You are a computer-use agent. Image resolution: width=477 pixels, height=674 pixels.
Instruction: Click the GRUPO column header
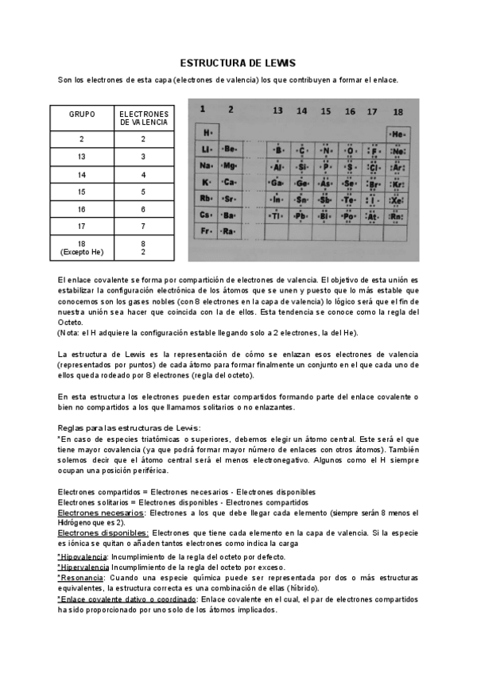pos(82,114)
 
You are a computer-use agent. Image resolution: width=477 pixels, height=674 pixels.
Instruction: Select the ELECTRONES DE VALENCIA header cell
pos(144,118)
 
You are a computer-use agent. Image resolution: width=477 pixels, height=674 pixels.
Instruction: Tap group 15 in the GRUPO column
pos(82,192)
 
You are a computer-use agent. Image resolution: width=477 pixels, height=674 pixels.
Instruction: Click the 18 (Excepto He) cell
pos(82,247)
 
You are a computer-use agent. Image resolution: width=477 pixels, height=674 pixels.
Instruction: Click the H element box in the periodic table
pos(207,131)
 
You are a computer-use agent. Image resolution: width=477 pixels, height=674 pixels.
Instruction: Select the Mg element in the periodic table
pos(229,165)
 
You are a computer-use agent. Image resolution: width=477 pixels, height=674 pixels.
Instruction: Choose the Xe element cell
pos(397,199)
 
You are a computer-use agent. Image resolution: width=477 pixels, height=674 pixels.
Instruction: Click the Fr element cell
pos(207,231)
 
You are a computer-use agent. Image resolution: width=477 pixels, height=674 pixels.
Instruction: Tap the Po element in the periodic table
pos(349,215)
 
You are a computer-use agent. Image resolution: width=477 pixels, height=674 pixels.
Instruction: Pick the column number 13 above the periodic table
pos(277,111)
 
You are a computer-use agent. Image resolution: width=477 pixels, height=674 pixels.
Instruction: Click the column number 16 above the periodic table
pos(349,111)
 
